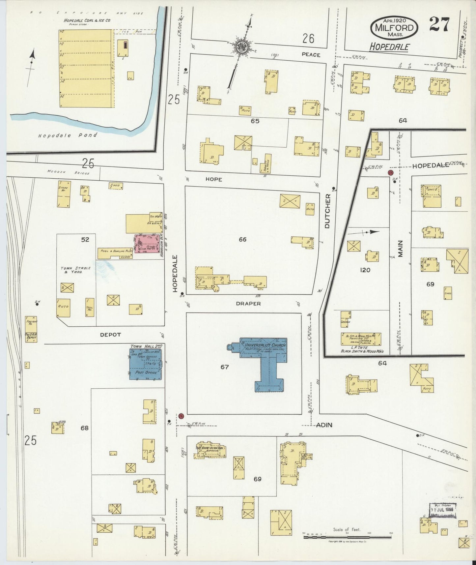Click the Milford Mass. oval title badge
[394, 27]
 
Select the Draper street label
[248, 304]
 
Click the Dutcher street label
[327, 211]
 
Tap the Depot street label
[110, 335]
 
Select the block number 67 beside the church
[224, 367]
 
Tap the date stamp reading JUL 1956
[442, 519]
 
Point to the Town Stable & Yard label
[71, 270]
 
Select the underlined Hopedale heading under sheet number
[389, 47]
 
